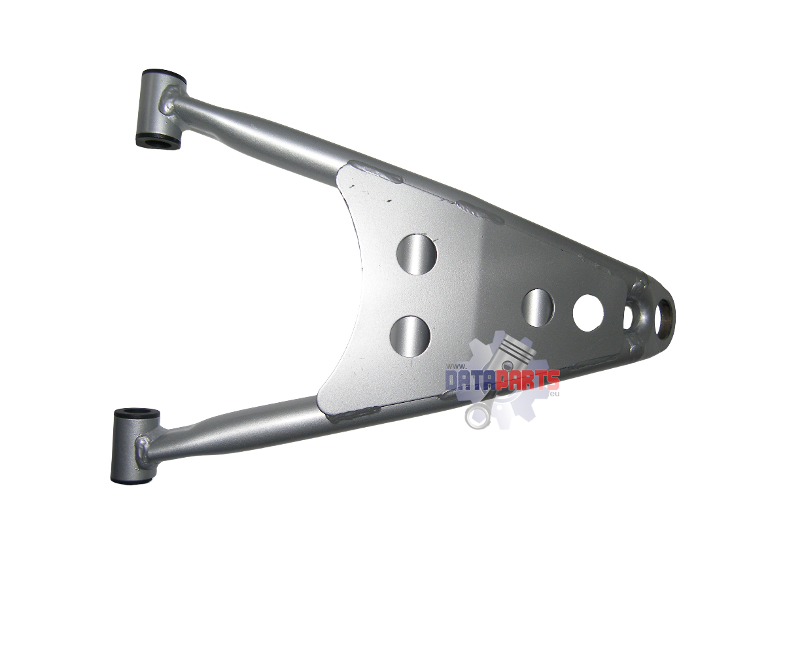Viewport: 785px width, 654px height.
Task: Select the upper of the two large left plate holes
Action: point(417,254)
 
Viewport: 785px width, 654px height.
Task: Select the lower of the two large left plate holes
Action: point(410,336)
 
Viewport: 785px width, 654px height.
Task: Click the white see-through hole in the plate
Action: point(588,313)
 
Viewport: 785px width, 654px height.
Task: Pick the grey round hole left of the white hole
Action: point(538,307)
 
